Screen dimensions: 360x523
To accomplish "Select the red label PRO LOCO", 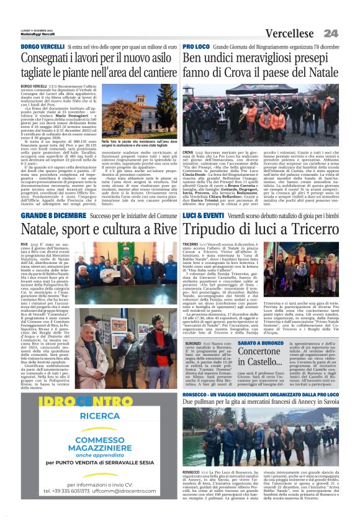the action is [x=196, y=47].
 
